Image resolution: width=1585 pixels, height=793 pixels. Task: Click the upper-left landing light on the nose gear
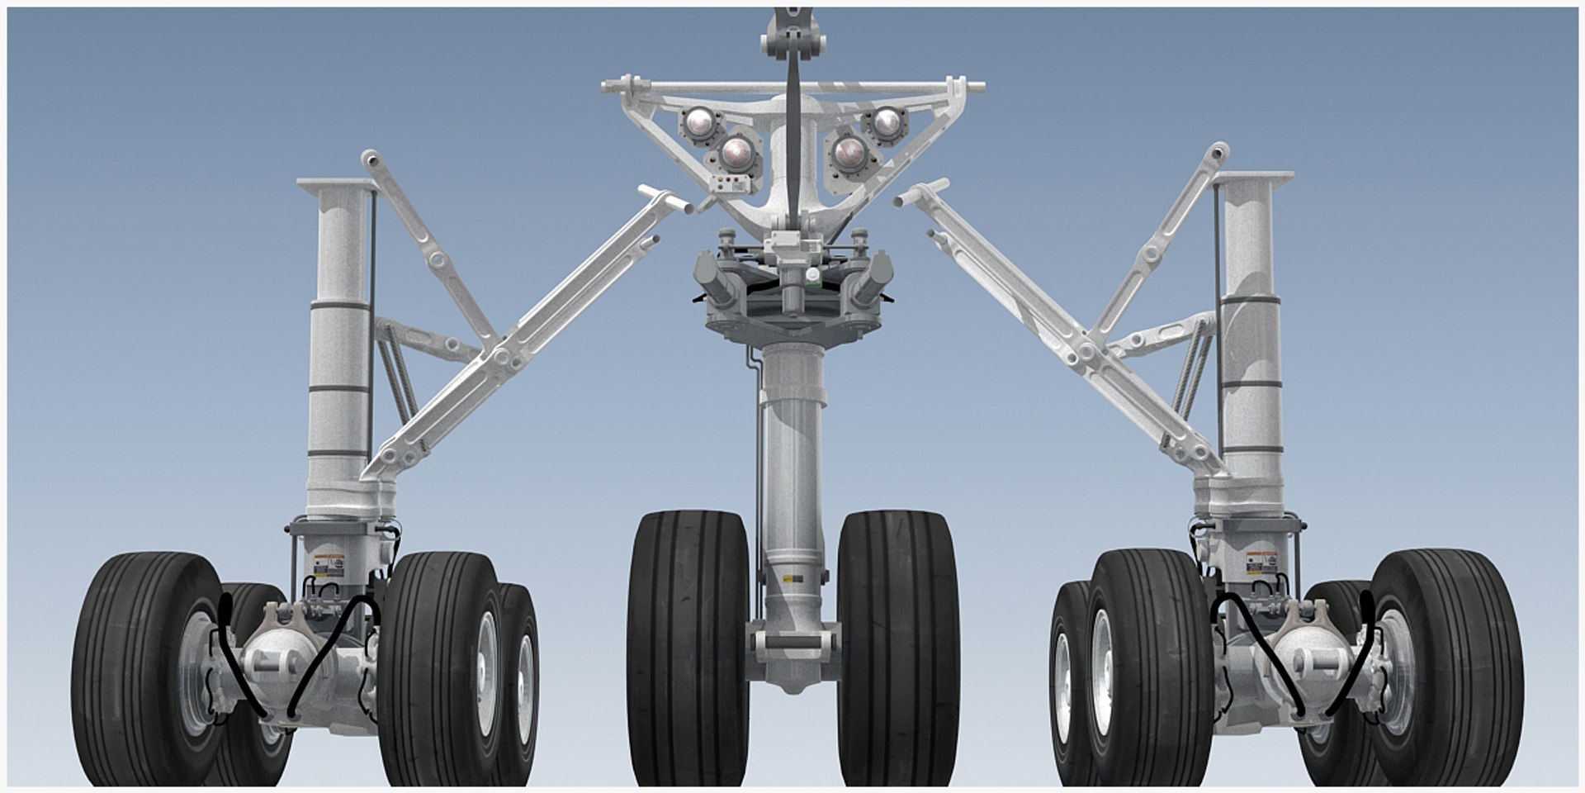tap(700, 125)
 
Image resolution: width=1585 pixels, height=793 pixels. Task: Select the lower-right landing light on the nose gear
tap(849, 153)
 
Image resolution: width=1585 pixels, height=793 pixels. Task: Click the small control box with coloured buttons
tap(730, 184)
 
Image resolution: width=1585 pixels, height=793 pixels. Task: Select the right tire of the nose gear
tap(897, 648)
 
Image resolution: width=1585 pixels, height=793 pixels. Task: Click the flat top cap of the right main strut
tap(1252, 177)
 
